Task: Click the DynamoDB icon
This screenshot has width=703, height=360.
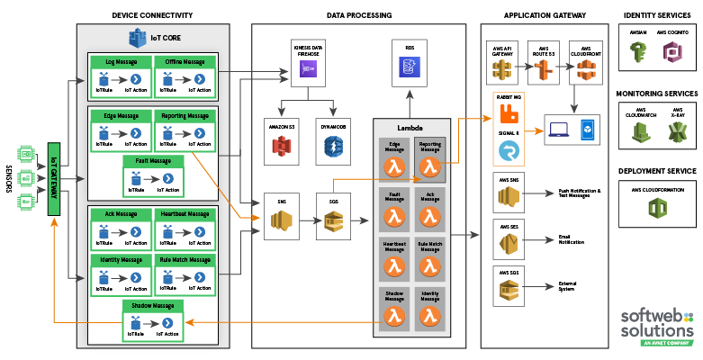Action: (x=332, y=147)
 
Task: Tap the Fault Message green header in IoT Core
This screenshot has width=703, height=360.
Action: (x=154, y=161)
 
